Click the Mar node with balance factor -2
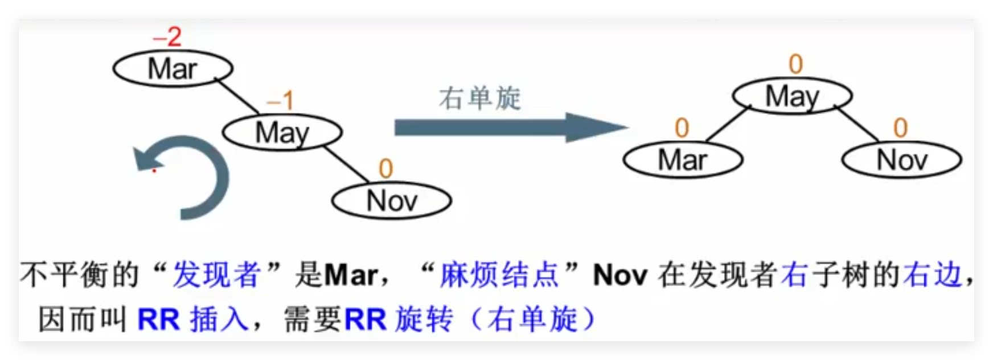coord(173,69)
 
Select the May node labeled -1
coord(282,133)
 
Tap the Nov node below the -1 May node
coord(392,201)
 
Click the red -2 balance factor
coord(167,38)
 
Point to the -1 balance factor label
coord(280,101)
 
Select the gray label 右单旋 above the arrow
coord(480,98)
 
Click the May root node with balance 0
coord(792,96)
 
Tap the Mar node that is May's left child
coord(683,159)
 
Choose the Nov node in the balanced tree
coord(902,159)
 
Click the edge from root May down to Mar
coord(729,124)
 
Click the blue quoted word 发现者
coord(216,275)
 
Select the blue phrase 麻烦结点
coord(499,275)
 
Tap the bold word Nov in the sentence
coord(620,276)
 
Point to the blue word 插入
coord(219,319)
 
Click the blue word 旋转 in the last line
coord(424,319)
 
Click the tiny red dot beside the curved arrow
coord(154,170)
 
